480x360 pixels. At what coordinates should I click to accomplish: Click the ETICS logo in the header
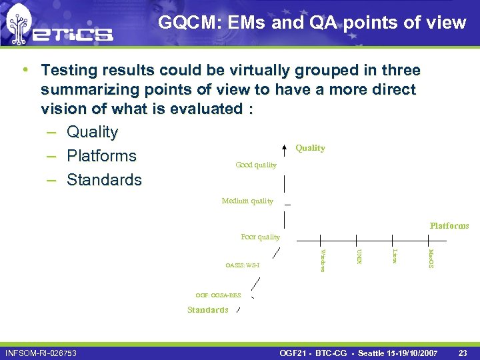[x=59, y=27]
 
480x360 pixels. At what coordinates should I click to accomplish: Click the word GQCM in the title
[x=185, y=23]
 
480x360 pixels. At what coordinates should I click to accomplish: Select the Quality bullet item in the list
[x=92, y=132]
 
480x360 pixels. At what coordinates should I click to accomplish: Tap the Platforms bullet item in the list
[x=101, y=156]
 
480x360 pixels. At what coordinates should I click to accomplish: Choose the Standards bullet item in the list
[x=104, y=180]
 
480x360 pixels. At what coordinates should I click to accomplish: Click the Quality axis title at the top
[x=310, y=148]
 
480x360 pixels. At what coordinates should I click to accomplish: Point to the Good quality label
[x=256, y=165]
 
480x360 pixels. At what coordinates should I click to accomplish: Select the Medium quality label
[x=247, y=201]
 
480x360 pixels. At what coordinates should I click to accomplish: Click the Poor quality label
[x=260, y=237]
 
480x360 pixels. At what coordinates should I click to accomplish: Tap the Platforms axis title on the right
[x=449, y=226]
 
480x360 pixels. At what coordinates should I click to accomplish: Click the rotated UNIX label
[x=359, y=256]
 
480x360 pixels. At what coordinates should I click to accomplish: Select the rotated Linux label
[x=395, y=256]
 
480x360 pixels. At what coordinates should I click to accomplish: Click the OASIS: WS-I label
[x=242, y=265]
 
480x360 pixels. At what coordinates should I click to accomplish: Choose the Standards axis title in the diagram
[x=207, y=310]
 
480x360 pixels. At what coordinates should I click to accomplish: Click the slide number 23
[x=463, y=352]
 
